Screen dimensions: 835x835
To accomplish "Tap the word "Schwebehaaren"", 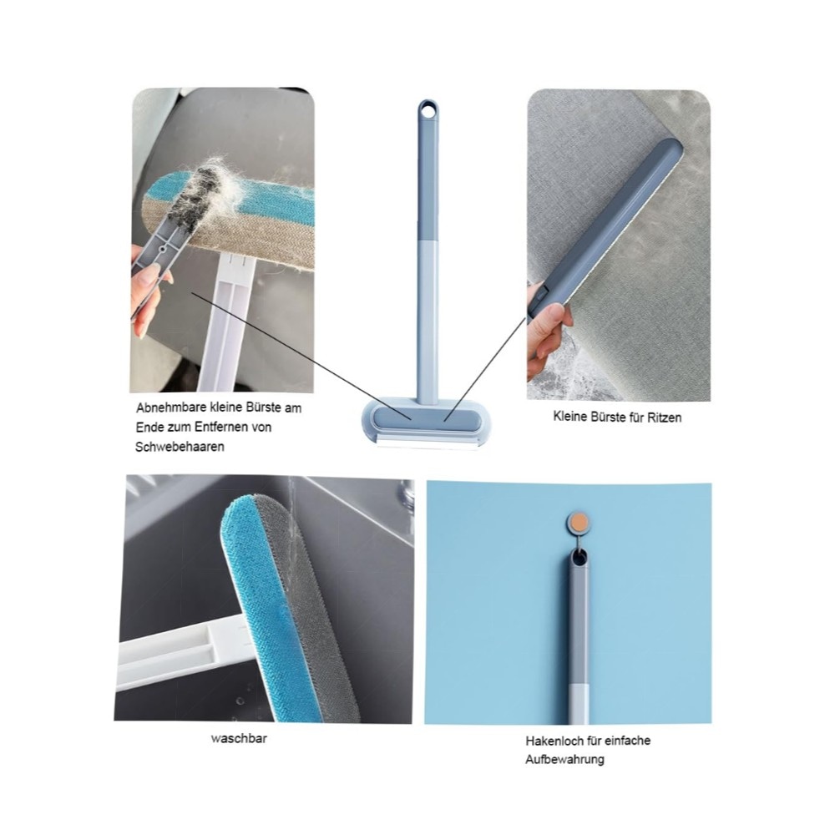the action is (180, 447).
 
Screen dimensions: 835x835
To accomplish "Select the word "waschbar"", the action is (239, 739).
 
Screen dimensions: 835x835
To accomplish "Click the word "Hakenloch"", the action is (554, 741).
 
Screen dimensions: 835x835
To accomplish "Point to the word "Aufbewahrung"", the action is (564, 760).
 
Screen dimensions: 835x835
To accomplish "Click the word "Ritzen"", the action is (664, 417).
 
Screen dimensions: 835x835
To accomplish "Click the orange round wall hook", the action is (579, 522).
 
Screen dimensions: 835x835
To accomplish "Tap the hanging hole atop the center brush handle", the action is (427, 110).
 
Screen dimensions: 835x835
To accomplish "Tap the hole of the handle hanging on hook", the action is (579, 558).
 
